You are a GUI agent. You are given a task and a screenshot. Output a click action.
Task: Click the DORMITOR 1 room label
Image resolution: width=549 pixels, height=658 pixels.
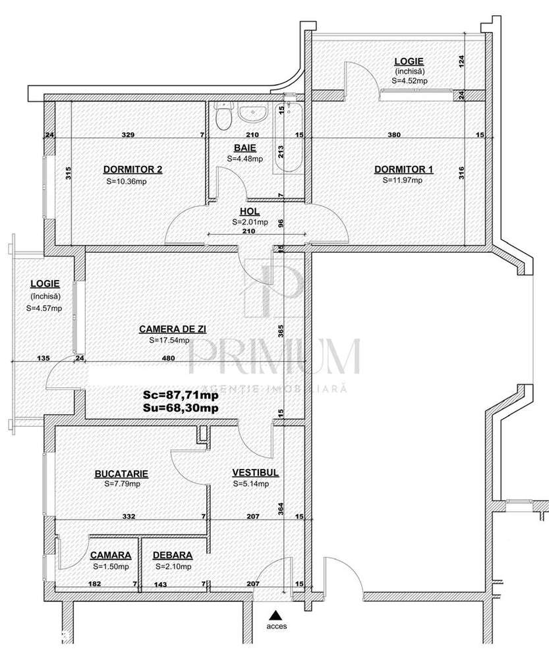tap(409, 169)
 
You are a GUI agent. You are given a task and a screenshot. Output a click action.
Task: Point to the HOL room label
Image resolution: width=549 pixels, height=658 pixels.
tap(250, 212)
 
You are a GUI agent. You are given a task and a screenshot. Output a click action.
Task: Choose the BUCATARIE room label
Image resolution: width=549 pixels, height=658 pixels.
tap(121, 473)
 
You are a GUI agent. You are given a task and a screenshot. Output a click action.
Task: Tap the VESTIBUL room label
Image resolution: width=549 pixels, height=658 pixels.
tap(256, 473)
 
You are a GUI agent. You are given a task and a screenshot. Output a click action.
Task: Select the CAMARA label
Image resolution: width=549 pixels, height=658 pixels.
tap(110, 555)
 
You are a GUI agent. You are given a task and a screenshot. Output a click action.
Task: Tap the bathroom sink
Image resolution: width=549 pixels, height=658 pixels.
tap(251, 115)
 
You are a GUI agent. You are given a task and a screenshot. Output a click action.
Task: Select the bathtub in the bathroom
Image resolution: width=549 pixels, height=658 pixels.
tap(289, 139)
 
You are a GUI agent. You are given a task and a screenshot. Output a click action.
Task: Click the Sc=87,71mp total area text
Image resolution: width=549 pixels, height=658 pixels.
tap(181, 397)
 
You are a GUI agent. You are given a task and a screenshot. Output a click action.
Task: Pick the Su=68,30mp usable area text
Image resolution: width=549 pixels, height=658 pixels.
tap(181, 408)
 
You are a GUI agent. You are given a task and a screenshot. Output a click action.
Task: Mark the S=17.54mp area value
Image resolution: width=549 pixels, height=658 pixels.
tap(169, 340)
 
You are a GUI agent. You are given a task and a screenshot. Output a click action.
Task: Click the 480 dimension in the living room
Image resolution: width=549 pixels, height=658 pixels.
tap(168, 359)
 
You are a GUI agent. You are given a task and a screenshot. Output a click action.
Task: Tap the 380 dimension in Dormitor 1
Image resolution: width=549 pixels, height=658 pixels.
tap(393, 135)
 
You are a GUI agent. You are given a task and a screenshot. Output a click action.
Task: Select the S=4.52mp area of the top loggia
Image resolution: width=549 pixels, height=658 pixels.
tap(409, 80)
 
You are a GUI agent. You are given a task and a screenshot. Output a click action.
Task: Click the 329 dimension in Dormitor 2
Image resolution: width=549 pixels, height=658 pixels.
tap(129, 135)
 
